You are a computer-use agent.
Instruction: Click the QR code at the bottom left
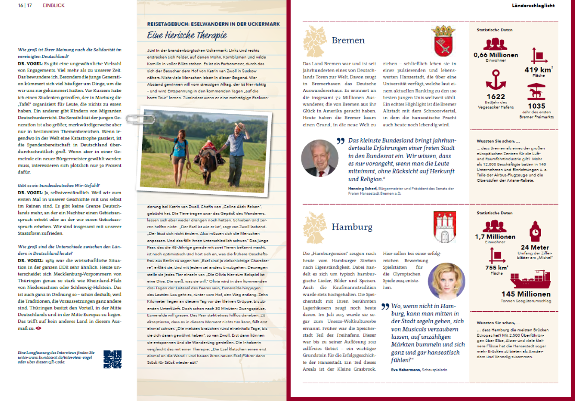pyautogui.click(x=112, y=360)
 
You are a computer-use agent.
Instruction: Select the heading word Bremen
pyautogui.click(x=348, y=41)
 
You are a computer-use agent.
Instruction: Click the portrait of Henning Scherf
pyautogui.click(x=319, y=158)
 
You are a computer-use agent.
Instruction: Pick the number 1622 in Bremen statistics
pyautogui.click(x=496, y=97)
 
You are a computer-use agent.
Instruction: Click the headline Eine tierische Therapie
pyautogui.click(x=187, y=36)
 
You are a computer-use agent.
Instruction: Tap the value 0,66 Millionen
pyautogui.click(x=496, y=55)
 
